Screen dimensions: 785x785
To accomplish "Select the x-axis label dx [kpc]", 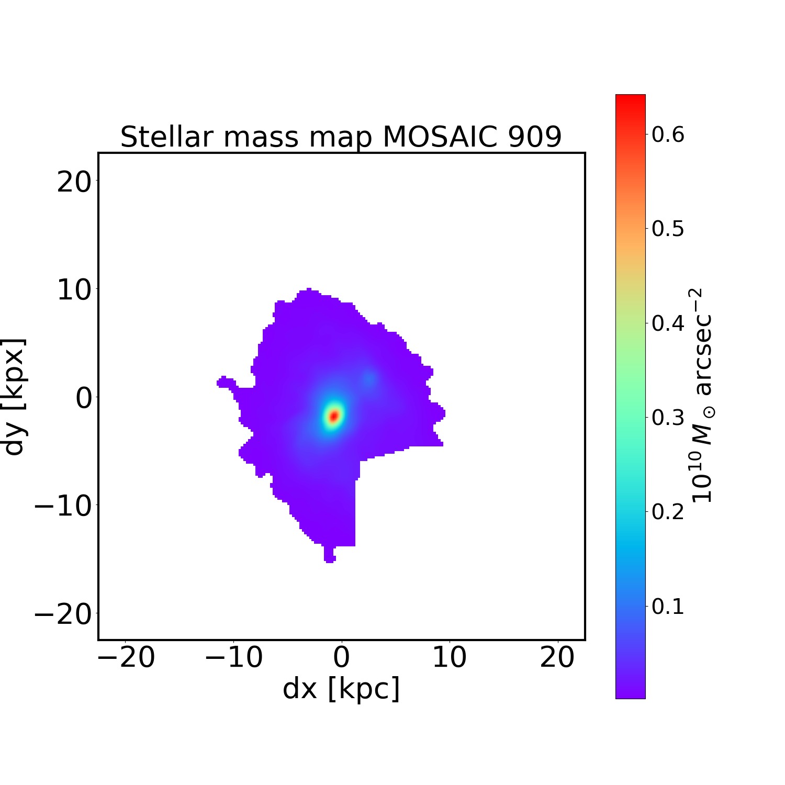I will coord(341,688).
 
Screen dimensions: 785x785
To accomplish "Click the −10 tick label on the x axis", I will coord(234,657).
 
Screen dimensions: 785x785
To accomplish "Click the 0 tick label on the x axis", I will coord(341,657).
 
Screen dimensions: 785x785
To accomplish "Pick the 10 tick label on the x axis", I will coord(450,657).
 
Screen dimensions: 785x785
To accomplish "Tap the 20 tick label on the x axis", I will coord(557,657).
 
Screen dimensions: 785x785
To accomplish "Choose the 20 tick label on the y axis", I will coord(73,183).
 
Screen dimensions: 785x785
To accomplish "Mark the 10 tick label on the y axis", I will coord(73,290).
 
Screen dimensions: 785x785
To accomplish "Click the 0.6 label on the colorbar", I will coord(668,134).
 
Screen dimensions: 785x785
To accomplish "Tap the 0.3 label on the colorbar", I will coord(668,418).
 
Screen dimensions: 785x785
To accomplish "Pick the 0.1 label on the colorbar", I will coord(668,607).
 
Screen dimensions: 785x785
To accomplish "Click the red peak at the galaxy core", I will coord(333,416).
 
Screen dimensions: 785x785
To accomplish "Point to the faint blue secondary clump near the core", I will coord(369,379).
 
